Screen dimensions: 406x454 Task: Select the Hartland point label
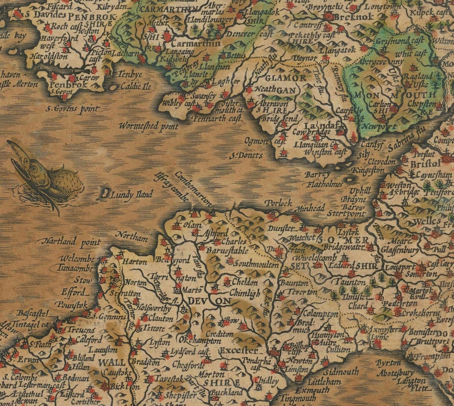coord(71,242)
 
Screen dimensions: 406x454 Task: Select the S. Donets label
coord(246,155)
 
